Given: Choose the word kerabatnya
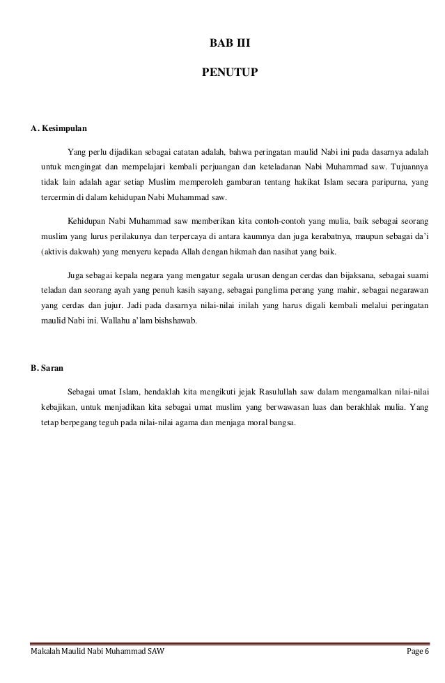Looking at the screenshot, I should (337, 237).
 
